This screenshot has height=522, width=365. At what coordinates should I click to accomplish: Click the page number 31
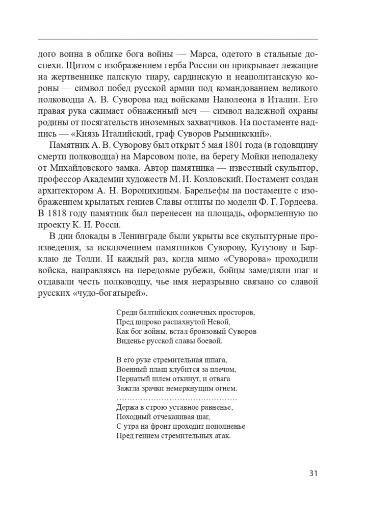point(314,473)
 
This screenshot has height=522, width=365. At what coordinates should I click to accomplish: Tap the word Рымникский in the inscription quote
point(247,135)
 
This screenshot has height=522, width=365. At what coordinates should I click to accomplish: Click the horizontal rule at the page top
point(178,39)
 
